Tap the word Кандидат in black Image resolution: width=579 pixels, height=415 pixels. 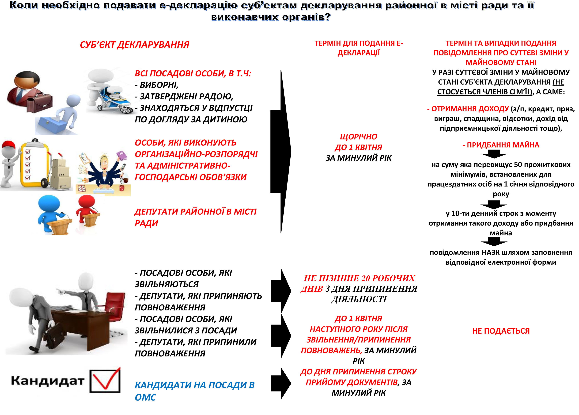click(48, 381)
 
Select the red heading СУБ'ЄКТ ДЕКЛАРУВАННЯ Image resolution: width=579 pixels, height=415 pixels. click(135, 45)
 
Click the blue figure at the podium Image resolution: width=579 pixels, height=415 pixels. click(50, 212)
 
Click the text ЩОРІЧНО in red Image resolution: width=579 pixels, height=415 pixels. click(358, 137)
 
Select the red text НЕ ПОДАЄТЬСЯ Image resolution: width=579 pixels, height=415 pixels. click(501, 331)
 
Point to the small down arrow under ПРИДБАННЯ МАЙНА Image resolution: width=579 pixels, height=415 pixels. click(494, 154)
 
